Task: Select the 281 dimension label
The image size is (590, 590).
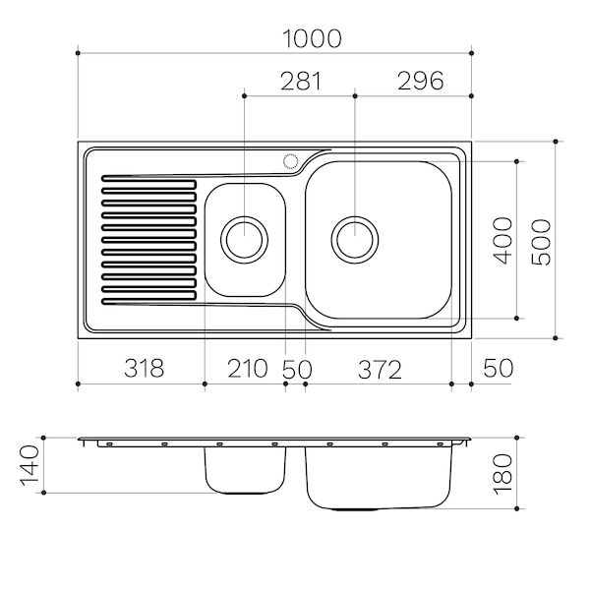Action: coord(300,82)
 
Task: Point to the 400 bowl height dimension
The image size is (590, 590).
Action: coord(502,240)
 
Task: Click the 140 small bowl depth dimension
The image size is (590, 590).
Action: coord(29,463)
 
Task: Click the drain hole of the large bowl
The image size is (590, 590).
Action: coord(355,238)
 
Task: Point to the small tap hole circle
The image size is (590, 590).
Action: coord(291,160)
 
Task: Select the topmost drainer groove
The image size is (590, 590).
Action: coord(150,180)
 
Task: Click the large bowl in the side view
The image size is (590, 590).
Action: coord(378,477)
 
